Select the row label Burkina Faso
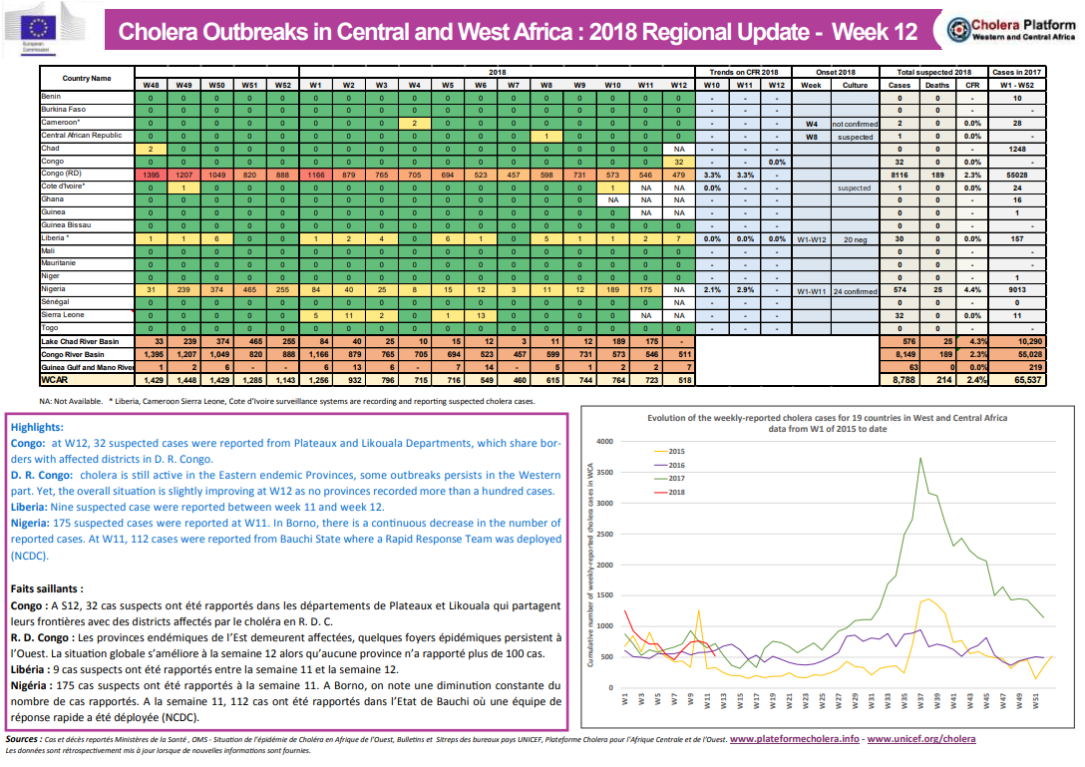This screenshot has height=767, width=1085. point(64,109)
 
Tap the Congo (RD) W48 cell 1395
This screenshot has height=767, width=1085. point(151,175)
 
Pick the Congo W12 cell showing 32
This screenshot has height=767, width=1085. point(678,162)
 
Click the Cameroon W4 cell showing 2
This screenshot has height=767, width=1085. point(414,122)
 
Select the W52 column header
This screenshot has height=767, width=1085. point(282,85)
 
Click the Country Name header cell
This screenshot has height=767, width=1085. point(87,78)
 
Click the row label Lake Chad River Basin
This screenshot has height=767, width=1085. point(81,341)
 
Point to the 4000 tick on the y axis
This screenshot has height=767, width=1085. point(602,441)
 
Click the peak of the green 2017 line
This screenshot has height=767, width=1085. point(919,457)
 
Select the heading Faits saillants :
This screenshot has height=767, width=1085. point(51,588)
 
